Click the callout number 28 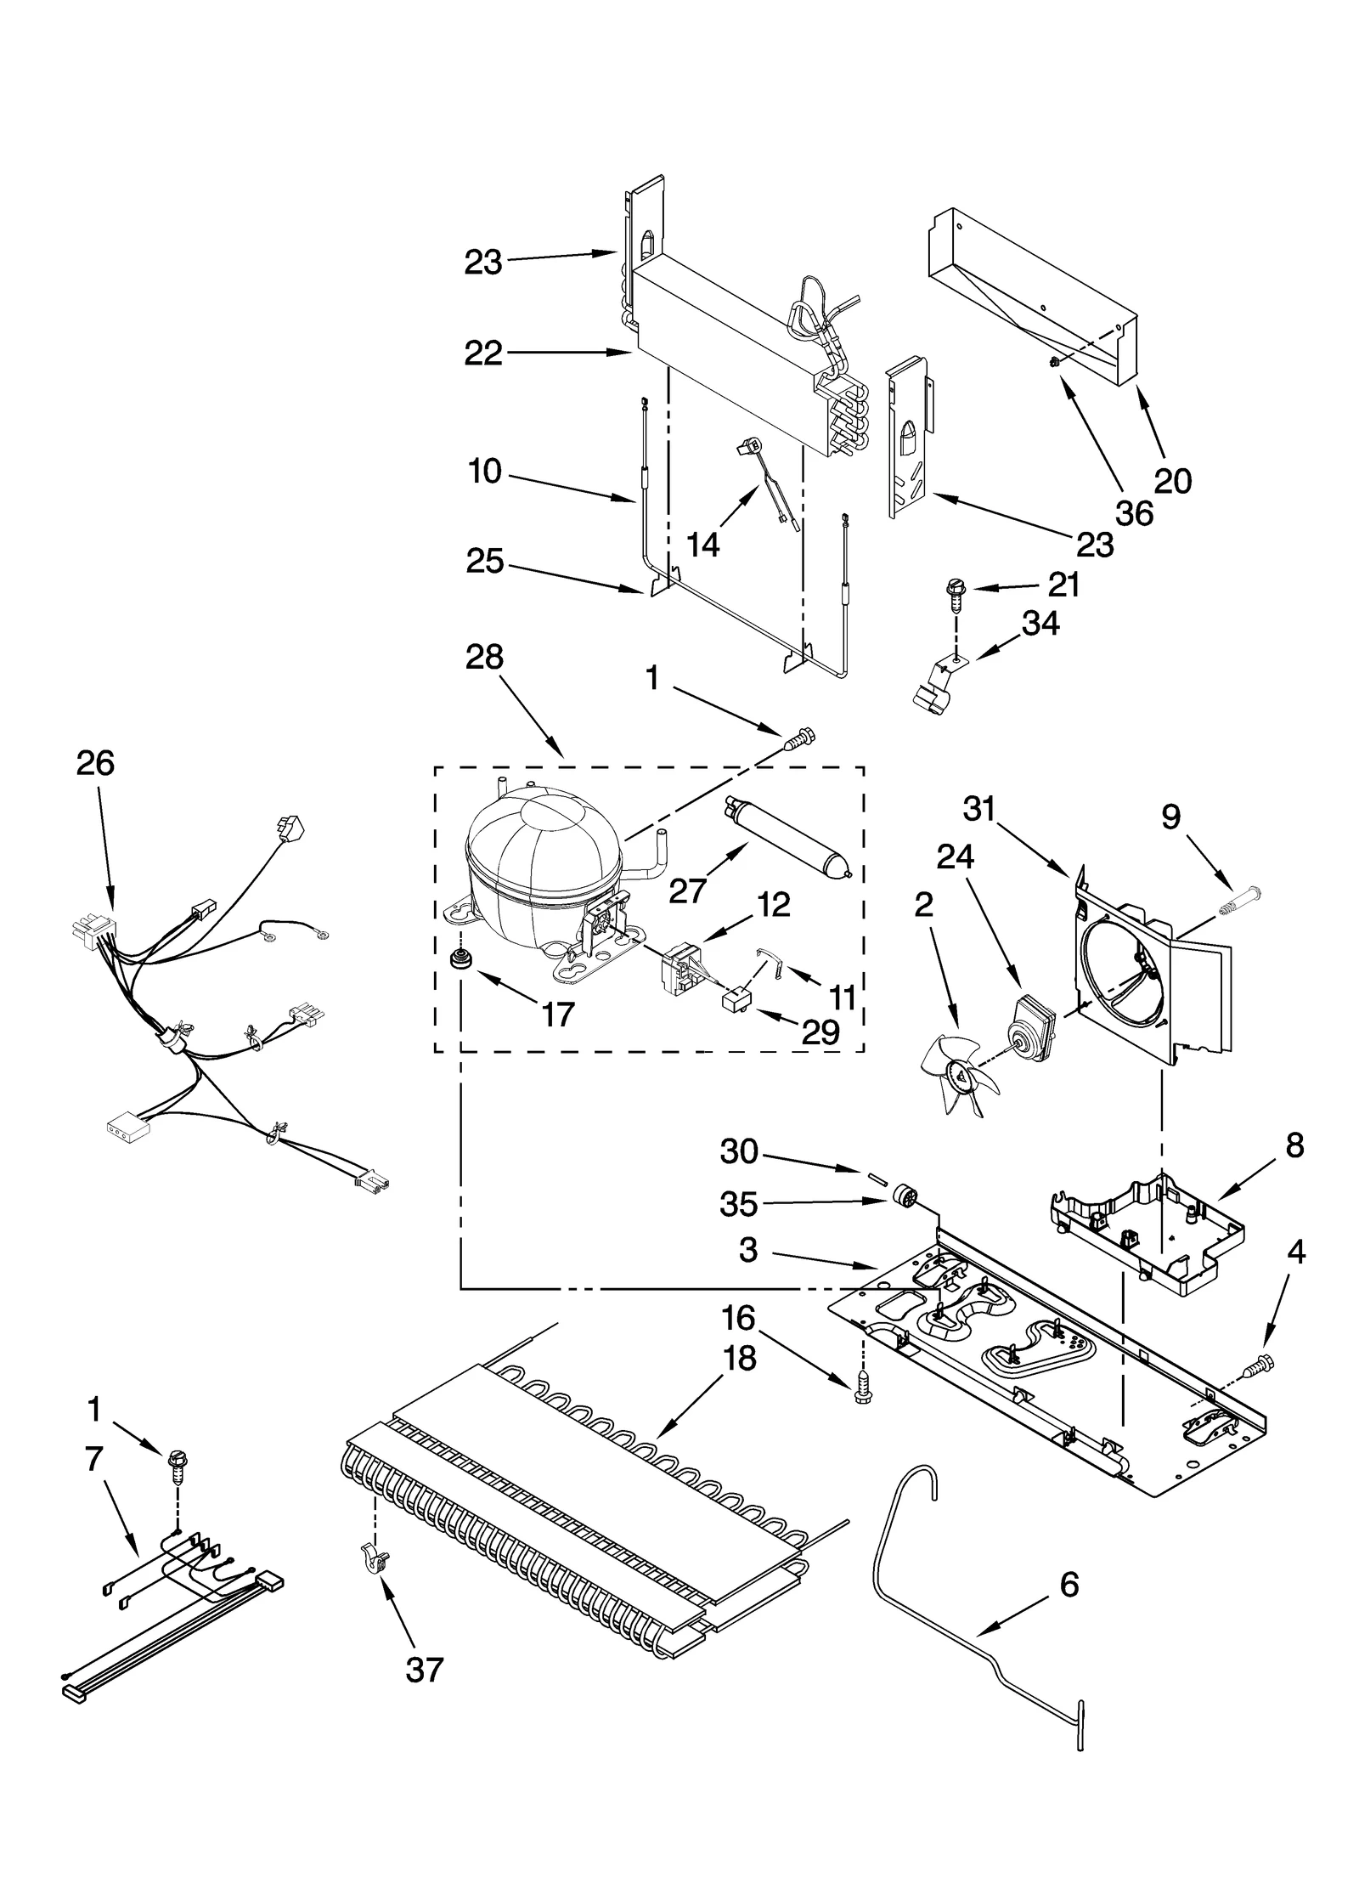coord(484,657)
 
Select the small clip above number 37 coord(374,1557)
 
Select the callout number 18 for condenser coord(740,1359)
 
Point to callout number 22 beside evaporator coord(483,353)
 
